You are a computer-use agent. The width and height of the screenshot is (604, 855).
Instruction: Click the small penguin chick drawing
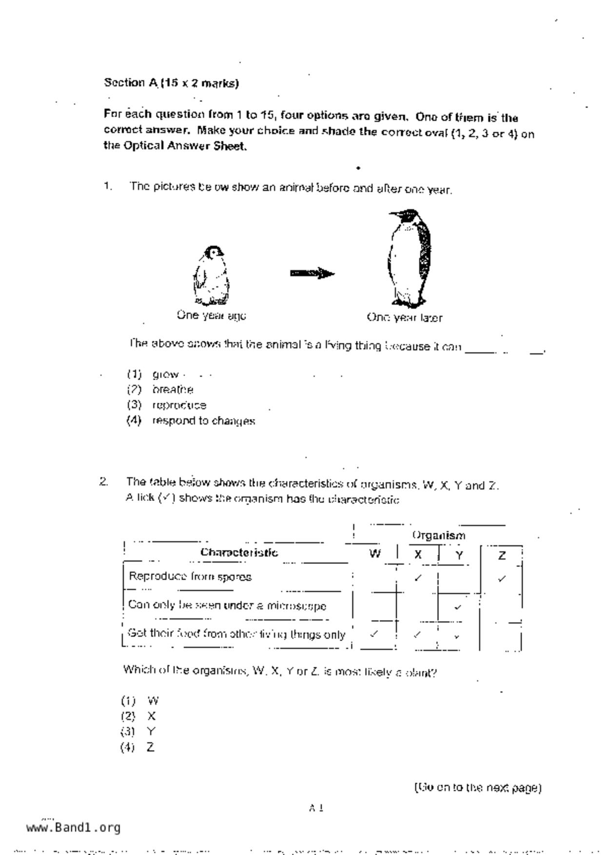(211, 276)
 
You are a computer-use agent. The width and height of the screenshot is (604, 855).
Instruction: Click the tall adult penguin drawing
(409, 258)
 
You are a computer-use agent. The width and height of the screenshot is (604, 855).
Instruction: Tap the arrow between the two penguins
(312, 273)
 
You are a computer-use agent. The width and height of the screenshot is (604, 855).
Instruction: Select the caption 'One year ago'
(211, 315)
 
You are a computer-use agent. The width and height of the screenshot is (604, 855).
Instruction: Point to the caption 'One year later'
(405, 318)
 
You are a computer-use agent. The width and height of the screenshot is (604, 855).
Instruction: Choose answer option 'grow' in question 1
(165, 374)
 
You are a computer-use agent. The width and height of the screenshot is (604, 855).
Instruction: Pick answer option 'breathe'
(173, 390)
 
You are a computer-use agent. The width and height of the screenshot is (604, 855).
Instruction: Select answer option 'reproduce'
(179, 405)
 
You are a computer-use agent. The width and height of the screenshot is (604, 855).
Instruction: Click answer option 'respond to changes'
(203, 421)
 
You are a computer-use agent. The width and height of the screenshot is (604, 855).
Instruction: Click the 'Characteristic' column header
(239, 552)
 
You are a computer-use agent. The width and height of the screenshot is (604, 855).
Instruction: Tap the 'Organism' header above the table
(439, 535)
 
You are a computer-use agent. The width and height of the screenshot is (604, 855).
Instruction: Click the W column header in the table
(374, 554)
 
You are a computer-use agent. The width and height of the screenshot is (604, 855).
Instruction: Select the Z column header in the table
(502, 555)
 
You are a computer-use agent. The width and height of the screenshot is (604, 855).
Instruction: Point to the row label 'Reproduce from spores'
(190, 577)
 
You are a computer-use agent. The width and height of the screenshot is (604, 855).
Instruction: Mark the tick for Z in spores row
(502, 579)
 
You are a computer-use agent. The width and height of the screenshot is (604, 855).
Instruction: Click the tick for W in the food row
(374, 634)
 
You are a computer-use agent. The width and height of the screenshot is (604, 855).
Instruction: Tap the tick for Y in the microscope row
(457, 607)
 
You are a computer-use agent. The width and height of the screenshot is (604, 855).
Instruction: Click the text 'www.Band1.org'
(73, 827)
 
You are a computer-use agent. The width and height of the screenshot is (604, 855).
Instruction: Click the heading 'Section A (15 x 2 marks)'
(171, 83)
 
